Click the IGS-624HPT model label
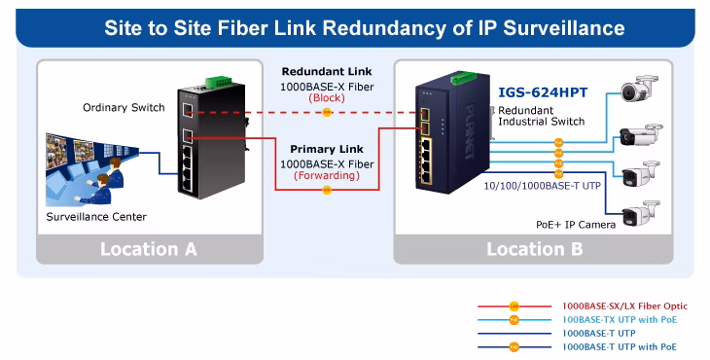click(543, 92)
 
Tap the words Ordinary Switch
click(124, 108)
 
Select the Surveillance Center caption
click(96, 217)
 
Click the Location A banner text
click(149, 249)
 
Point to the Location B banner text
click(534, 249)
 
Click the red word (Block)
click(327, 98)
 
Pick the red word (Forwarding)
click(327, 176)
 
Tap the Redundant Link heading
click(327, 72)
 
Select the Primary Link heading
click(327, 149)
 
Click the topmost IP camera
click(638, 89)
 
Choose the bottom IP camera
click(640, 213)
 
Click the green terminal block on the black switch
click(219, 82)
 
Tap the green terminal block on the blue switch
click(463, 78)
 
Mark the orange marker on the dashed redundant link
click(327, 112)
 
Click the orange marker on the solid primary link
click(327, 190)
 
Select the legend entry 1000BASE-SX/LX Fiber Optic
click(624, 306)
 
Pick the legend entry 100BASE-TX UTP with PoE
click(620, 320)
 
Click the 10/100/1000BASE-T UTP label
click(543, 186)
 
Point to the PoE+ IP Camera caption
click(576, 225)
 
